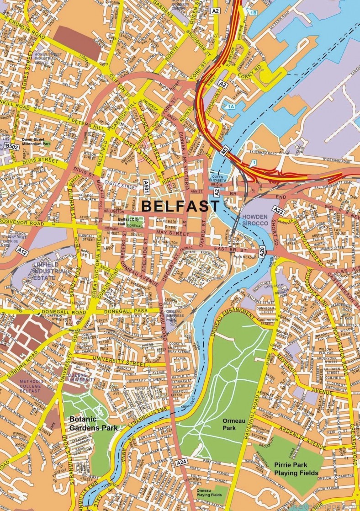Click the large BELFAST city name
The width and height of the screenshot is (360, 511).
pos(180,206)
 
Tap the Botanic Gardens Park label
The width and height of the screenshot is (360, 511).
pos(90,423)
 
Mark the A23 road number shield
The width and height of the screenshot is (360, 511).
pos(280,212)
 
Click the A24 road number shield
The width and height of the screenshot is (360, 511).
pos(181,463)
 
